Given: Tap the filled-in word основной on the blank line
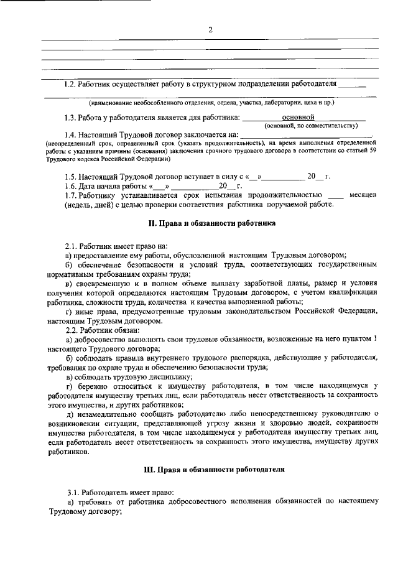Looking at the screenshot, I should click(298, 116).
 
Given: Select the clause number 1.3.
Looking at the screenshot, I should click(72, 117).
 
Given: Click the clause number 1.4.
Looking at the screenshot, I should click(72, 134).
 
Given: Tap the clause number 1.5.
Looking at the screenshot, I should click(72, 177).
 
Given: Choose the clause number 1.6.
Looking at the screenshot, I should click(72, 186).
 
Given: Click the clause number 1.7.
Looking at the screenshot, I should click(72, 195).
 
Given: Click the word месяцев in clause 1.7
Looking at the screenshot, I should click(363, 195).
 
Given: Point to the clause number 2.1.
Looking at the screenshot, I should click(72, 246).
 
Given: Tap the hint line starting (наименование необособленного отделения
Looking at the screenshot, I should click(211, 101).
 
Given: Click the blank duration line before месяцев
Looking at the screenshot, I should click(335, 196).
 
